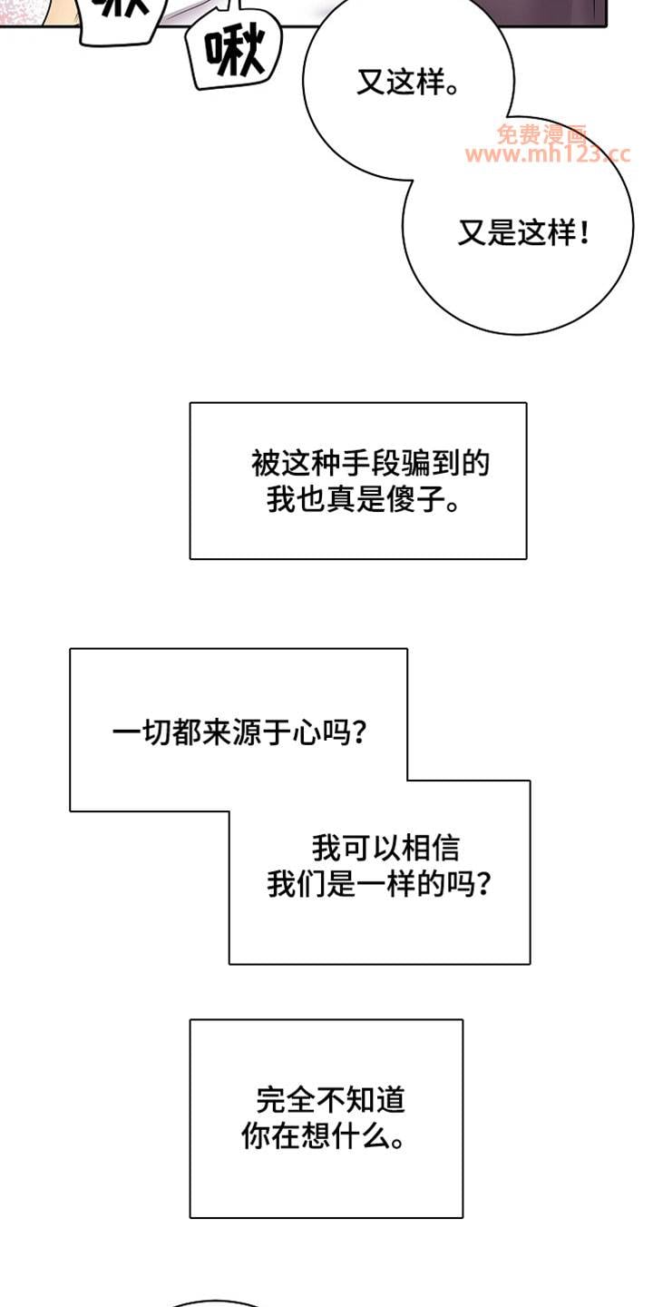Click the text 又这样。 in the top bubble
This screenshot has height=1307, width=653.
[407, 84]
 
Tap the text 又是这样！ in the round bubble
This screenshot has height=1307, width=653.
[523, 234]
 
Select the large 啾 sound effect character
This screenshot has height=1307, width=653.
[235, 54]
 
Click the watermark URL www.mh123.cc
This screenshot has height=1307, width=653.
[547, 155]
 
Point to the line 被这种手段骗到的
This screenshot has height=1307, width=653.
[370, 464]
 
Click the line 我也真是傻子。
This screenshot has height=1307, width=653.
[363, 499]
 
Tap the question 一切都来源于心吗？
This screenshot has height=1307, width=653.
[239, 732]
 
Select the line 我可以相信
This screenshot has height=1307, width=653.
[385, 848]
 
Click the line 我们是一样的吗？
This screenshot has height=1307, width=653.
[381, 883]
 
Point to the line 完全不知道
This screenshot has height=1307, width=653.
[330, 1101]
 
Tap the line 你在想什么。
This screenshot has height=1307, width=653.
[323, 1136]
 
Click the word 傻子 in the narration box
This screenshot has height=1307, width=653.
[418, 499]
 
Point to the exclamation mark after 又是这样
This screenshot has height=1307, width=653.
[583, 234]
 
